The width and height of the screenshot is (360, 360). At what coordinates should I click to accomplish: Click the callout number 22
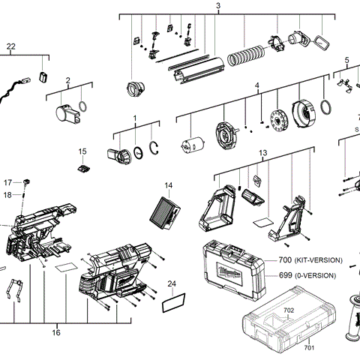click(x=10, y=46)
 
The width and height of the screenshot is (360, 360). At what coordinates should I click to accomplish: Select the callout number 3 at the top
click(x=217, y=7)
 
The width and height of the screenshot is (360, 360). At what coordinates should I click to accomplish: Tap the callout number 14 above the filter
click(x=169, y=185)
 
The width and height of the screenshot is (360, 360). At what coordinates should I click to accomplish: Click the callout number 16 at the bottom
click(x=55, y=332)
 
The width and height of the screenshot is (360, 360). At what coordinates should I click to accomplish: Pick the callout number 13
click(x=262, y=153)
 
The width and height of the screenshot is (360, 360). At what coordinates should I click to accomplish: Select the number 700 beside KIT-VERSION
click(x=284, y=260)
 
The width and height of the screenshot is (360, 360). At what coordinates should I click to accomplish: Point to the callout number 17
click(x=7, y=182)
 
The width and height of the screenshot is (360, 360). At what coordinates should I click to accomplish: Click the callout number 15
click(x=83, y=151)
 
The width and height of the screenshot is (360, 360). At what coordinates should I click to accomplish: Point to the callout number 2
click(x=67, y=80)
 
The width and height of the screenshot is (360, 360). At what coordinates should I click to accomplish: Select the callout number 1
click(x=135, y=118)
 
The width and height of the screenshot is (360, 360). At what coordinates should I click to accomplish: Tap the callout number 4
click(x=256, y=86)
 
